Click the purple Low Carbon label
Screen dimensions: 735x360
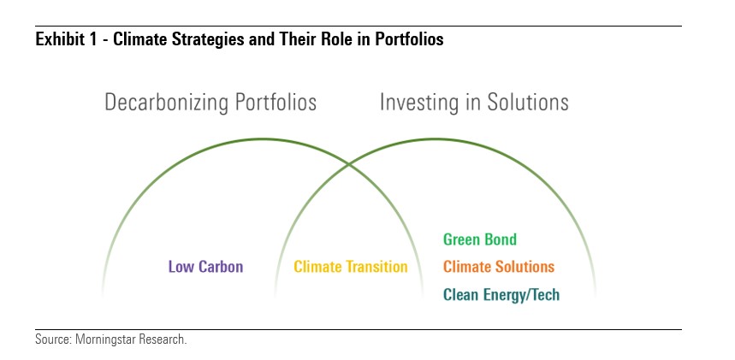(x=205, y=267)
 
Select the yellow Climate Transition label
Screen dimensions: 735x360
(x=351, y=267)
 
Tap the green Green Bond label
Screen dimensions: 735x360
(x=480, y=239)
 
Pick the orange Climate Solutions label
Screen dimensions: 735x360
(x=499, y=267)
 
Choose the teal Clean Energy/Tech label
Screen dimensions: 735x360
(x=501, y=295)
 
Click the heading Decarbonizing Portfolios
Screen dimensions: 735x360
(x=210, y=103)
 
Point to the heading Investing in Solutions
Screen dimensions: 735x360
(x=474, y=103)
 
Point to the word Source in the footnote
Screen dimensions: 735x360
(x=51, y=339)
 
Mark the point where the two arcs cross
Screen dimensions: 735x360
(x=349, y=164)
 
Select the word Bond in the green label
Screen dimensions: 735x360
(x=501, y=239)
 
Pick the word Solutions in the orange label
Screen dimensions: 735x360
(x=525, y=267)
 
